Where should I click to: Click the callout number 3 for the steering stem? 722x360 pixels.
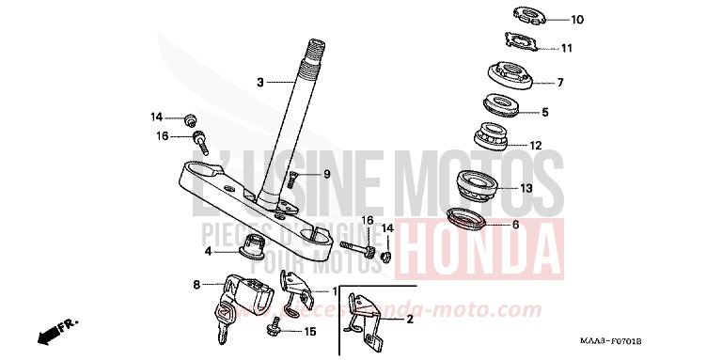(261, 83)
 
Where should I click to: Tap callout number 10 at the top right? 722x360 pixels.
(577, 19)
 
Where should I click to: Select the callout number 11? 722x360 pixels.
(566, 48)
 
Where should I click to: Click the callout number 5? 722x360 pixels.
(544, 113)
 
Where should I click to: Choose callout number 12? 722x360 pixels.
(537, 146)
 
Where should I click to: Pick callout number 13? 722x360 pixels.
(526, 188)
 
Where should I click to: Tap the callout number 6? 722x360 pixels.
(515, 226)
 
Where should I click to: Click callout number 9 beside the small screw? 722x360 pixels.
(301, 174)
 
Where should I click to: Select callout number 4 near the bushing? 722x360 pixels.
(209, 251)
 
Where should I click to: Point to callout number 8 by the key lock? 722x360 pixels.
(196, 283)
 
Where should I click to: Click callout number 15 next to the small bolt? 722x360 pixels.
(310, 331)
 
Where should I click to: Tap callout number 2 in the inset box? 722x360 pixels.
(410, 320)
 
